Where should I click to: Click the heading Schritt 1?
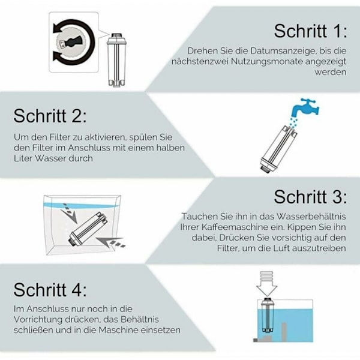tap(310, 31)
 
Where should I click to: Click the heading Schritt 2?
tap(50, 116)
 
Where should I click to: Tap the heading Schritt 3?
tap(310, 197)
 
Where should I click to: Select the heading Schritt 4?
tap(50, 290)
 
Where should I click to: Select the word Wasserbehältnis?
tap(311, 216)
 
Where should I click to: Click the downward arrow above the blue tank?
tap(266, 284)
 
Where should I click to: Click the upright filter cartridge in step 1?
tap(117, 59)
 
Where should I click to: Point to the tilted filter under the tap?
tap(278, 148)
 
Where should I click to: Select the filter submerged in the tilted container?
tap(88, 229)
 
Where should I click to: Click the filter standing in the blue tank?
tap(267, 315)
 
